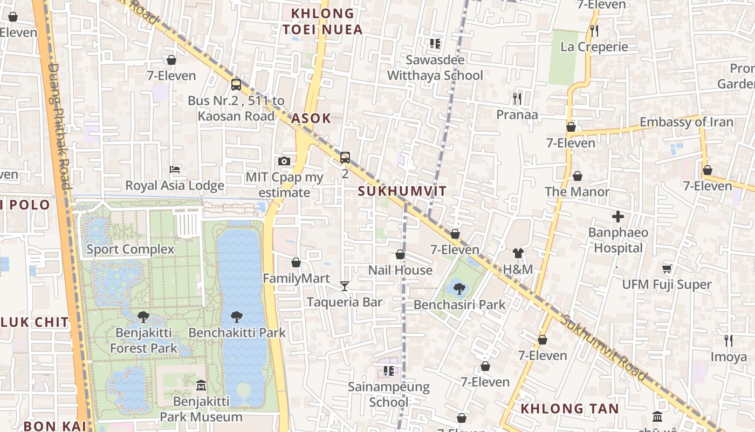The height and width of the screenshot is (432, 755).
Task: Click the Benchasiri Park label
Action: point(459,305)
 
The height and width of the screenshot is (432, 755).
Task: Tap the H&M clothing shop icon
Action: point(518,253)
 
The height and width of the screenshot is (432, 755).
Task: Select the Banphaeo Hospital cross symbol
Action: point(618,217)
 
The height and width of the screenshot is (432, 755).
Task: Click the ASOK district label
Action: point(311,119)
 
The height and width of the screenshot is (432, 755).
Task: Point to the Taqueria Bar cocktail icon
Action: point(345,286)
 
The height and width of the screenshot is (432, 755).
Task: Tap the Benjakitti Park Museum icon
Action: point(201,385)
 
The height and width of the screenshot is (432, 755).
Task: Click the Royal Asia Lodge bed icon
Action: point(175,170)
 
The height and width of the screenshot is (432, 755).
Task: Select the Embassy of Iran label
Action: point(687,122)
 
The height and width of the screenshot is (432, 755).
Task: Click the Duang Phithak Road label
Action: point(60,127)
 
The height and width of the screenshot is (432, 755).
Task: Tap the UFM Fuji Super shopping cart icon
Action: point(667,268)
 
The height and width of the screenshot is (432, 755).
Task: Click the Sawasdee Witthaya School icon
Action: point(435,44)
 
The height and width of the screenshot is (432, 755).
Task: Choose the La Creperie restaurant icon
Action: point(594,30)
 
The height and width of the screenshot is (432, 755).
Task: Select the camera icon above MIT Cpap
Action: point(284,161)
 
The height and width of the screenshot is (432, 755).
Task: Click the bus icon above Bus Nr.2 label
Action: point(236,84)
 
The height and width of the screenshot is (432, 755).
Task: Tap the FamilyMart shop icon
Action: point(296,262)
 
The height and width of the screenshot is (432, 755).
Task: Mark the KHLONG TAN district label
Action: point(569,409)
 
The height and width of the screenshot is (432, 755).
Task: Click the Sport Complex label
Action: point(131,249)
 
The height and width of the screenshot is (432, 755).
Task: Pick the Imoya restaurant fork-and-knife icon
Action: point(728,340)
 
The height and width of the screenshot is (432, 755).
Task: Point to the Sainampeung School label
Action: point(388,394)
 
